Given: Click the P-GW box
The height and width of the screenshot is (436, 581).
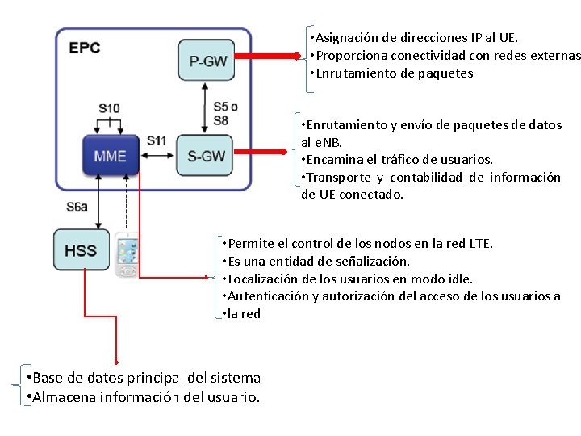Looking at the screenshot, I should [x=205, y=61].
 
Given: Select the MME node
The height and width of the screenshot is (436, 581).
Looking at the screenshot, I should [x=110, y=155].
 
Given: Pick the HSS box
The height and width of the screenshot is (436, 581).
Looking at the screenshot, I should [x=81, y=250].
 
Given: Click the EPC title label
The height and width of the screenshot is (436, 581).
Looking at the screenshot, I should [x=84, y=48].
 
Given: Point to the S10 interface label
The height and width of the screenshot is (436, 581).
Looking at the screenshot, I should [x=109, y=108].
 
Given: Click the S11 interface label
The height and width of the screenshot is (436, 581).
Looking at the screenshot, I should [x=157, y=140].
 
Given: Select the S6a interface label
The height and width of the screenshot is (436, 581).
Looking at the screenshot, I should [x=77, y=207].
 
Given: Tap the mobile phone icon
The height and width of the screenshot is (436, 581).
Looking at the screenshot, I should [x=127, y=254].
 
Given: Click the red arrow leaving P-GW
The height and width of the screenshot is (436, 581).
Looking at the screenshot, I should [x=266, y=57].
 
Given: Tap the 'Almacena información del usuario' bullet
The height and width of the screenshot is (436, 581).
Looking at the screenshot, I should [x=143, y=397].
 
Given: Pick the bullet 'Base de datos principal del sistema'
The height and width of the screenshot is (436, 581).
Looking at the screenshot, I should [x=143, y=378].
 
